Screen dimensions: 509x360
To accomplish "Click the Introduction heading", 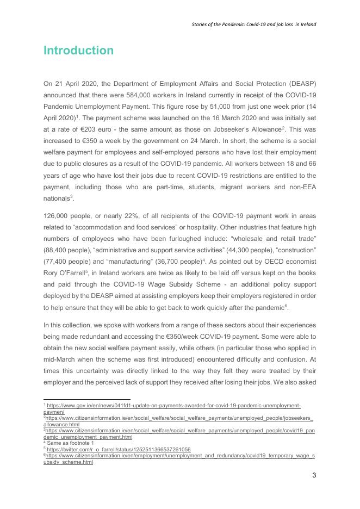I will [78, 51].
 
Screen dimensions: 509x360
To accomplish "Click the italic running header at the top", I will [254, 24].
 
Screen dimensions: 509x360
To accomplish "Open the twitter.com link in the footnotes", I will [119, 449].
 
